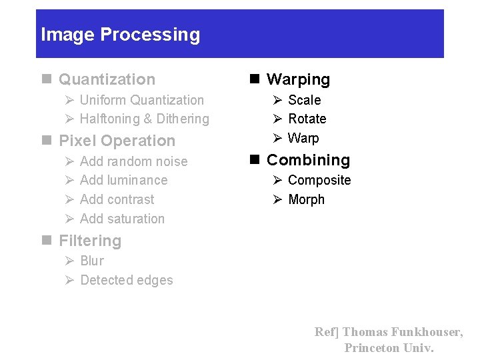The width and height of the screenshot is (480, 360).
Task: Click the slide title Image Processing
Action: click(120, 35)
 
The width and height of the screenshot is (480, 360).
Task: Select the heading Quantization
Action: click(107, 79)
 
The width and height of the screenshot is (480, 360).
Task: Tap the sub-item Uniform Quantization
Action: click(141, 100)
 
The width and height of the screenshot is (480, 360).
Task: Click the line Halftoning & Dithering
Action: click(144, 119)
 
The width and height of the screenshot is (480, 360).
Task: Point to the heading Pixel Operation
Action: click(117, 141)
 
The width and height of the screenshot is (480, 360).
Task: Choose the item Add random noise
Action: click(133, 161)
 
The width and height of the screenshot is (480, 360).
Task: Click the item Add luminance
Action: click(123, 180)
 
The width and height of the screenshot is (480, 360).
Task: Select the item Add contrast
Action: click(117, 199)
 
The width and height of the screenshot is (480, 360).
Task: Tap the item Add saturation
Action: click(122, 219)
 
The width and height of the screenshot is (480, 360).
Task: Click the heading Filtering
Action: click(90, 241)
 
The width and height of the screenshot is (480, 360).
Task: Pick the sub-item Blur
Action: click(92, 261)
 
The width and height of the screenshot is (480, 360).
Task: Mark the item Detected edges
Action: click(126, 280)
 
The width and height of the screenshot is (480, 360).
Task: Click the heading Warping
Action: click(298, 79)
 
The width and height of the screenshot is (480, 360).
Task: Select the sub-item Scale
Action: click(304, 100)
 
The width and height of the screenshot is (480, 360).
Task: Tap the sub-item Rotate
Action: click(307, 119)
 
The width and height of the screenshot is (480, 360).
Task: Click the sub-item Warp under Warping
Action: click(303, 138)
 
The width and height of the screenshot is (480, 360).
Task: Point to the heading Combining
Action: click(308, 160)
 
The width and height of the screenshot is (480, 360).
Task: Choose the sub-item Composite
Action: click(319, 180)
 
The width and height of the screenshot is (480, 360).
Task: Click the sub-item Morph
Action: click(306, 199)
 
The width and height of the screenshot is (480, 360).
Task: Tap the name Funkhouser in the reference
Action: click(426, 332)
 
